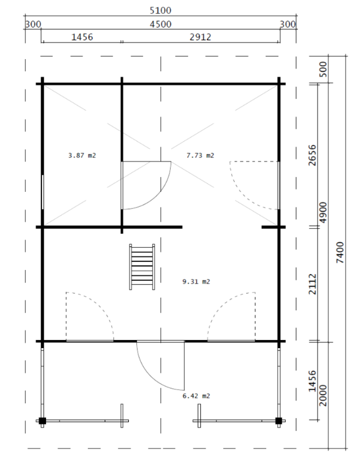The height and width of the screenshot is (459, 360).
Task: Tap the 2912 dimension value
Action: click(x=200, y=37)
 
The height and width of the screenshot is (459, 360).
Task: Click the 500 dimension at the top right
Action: click(x=323, y=70)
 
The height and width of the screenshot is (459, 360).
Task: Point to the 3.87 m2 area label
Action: click(x=82, y=155)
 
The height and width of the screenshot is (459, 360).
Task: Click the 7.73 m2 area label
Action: click(x=200, y=155)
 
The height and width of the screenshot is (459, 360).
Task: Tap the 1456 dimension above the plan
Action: click(x=82, y=37)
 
